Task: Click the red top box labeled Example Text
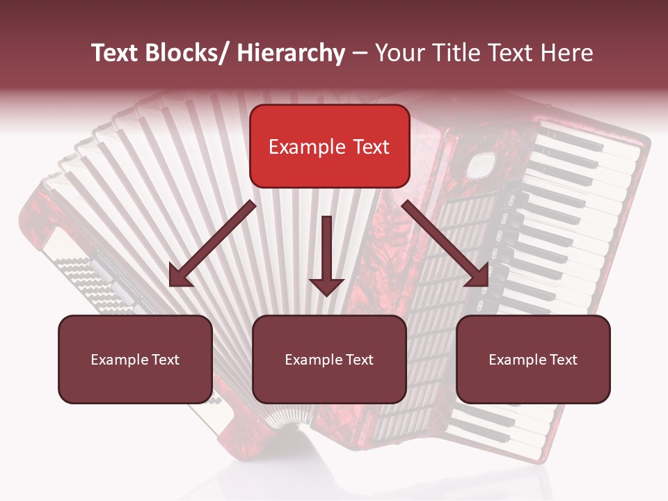point(329,146)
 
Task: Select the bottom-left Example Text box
point(135,359)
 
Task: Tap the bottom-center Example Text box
point(329,359)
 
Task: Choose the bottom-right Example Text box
point(533,359)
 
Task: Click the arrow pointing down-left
point(212,244)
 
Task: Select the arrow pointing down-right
point(445,244)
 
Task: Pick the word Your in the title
point(399,53)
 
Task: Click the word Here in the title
point(568,53)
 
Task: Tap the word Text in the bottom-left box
point(165,360)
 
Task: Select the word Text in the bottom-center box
point(359,360)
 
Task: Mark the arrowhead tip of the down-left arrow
point(171,285)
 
